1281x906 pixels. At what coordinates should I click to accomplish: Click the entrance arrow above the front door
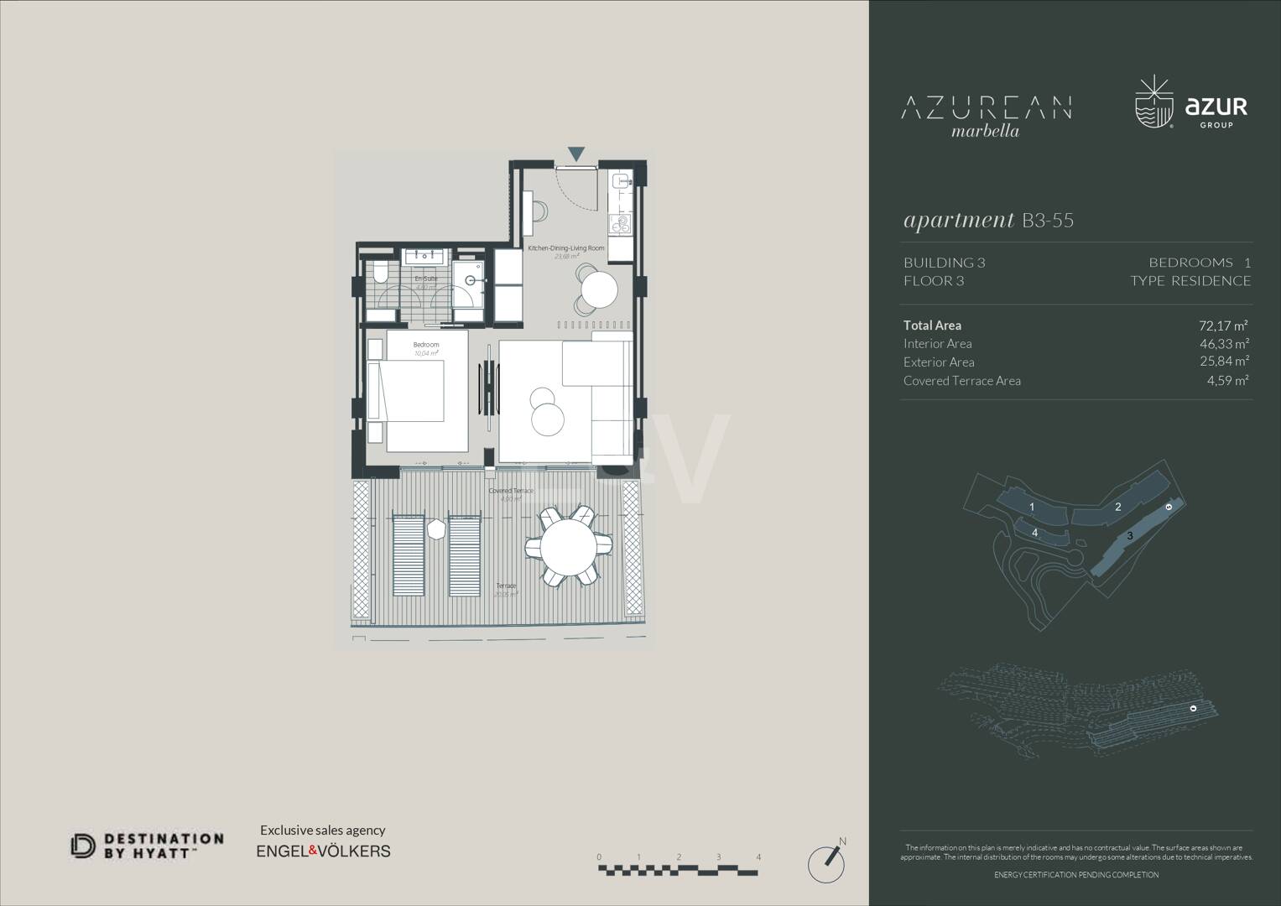pos(576,154)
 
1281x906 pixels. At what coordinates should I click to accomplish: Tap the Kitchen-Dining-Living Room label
pos(566,248)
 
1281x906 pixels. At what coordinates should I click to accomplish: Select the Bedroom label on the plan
pos(425,345)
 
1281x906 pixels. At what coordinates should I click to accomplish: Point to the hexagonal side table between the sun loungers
pos(436,529)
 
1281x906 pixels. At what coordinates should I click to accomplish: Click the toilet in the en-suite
pos(379,273)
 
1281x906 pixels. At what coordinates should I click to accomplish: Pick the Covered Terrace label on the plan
pos(511,491)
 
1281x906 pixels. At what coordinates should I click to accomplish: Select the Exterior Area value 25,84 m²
pos(1224,362)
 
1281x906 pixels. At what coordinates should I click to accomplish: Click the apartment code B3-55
pos(1048,221)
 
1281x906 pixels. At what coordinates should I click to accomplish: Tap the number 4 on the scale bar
pos(758,857)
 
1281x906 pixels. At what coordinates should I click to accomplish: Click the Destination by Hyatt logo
pos(147,845)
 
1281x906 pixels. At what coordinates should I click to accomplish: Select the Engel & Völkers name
pos(323,851)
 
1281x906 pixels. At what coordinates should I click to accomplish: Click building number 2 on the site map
pos(1118,507)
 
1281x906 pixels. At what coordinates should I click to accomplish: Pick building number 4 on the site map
pos(1035,533)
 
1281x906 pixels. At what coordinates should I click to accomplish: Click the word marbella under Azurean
pos(986,131)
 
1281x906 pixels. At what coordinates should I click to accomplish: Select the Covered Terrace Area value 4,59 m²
pos(1228,380)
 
